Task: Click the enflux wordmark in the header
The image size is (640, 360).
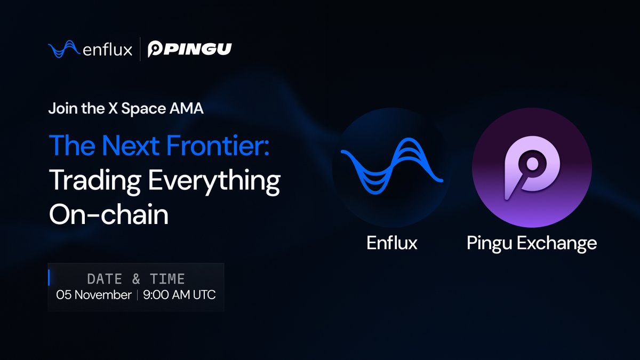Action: pyautogui.click(x=108, y=50)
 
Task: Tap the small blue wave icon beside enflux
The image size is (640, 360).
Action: pyautogui.click(x=65, y=50)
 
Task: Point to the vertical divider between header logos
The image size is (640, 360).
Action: pyautogui.click(x=140, y=50)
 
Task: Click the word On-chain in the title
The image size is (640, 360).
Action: pyautogui.click(x=109, y=215)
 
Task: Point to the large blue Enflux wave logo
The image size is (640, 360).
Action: pyautogui.click(x=391, y=166)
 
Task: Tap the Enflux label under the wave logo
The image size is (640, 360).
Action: pyautogui.click(x=392, y=243)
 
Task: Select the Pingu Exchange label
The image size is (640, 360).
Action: pyautogui.click(x=532, y=244)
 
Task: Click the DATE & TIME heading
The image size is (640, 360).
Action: pyautogui.click(x=136, y=278)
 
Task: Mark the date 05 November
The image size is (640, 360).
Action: pyautogui.click(x=94, y=295)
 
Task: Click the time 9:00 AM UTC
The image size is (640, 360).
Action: pyautogui.click(x=180, y=295)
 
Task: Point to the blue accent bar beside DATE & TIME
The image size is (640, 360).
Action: pyautogui.click(x=49, y=278)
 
